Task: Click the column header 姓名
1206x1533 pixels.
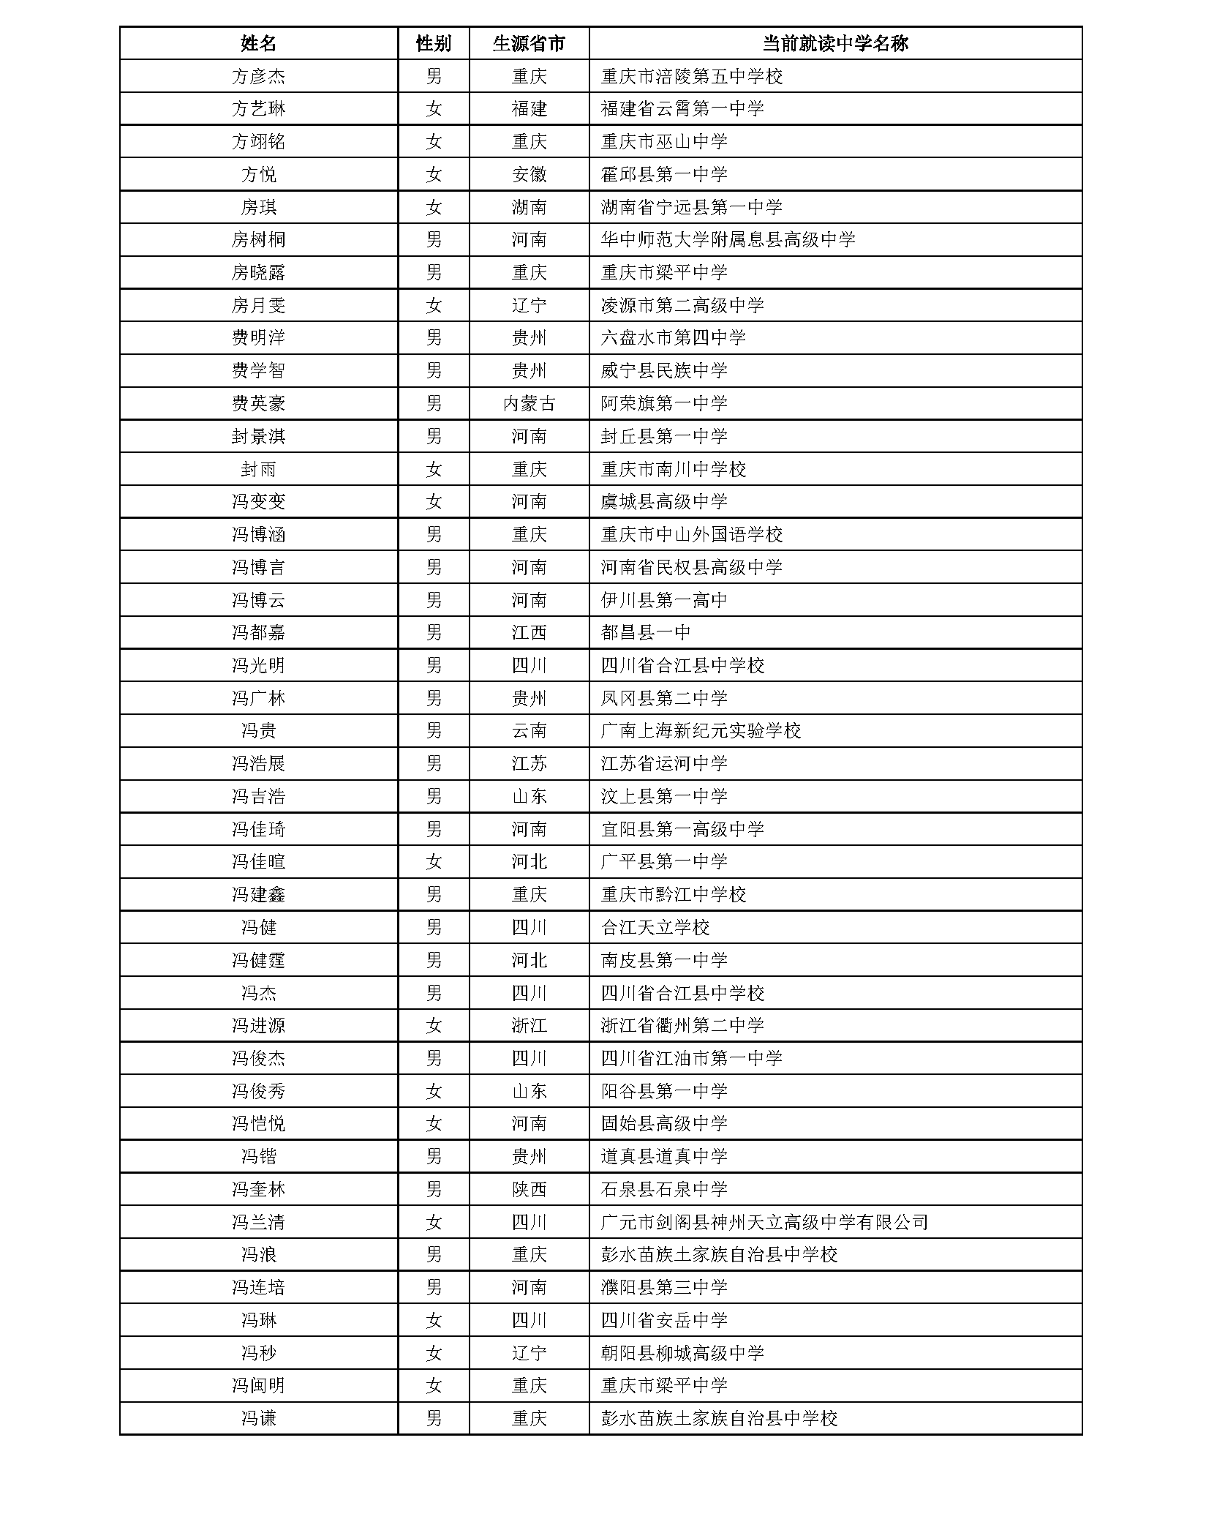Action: click(258, 43)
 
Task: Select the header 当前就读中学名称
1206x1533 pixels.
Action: click(834, 43)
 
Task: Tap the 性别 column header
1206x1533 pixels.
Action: click(434, 43)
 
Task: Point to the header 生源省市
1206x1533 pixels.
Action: click(529, 43)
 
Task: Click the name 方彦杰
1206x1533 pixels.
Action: click(258, 76)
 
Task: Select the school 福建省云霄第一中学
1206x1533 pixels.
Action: click(682, 109)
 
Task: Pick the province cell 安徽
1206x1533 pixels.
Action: click(529, 174)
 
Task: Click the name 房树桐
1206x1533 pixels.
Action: click(258, 240)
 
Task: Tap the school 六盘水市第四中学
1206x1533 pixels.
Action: click(673, 338)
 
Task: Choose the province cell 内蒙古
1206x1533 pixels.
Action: click(529, 403)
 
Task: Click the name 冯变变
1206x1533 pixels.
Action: click(258, 502)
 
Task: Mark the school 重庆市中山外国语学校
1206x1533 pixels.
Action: click(691, 535)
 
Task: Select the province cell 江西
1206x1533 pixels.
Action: click(529, 633)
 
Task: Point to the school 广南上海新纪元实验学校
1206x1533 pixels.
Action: click(701, 731)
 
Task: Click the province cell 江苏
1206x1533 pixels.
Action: click(529, 764)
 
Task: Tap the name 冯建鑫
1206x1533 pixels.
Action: click(258, 895)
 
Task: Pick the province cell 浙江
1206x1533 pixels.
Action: click(529, 1026)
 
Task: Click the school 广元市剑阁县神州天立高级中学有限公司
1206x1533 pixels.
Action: click(764, 1222)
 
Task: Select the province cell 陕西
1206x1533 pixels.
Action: click(529, 1190)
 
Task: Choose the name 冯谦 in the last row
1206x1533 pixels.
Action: click(258, 1419)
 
